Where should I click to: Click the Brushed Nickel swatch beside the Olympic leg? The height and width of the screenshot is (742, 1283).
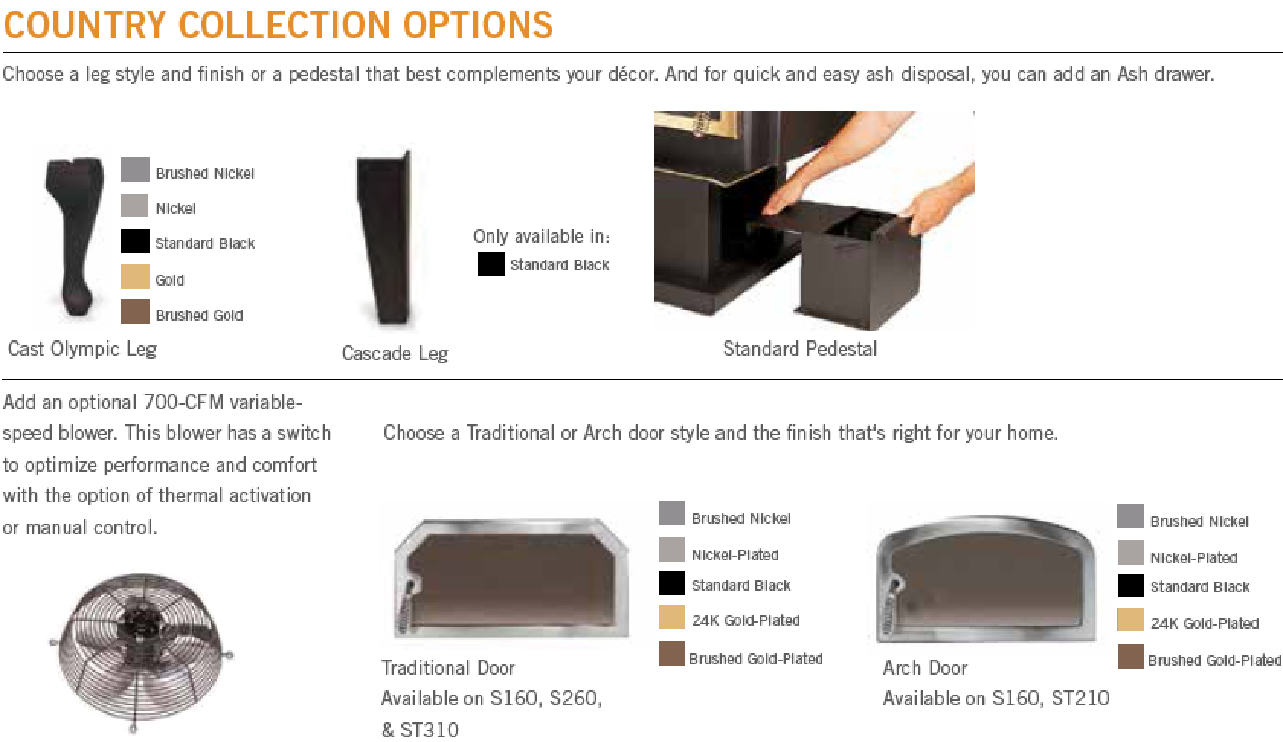click(x=134, y=169)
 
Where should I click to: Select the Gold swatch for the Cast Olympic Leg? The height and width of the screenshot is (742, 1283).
click(x=134, y=276)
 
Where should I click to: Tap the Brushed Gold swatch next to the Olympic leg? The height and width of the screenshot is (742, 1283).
click(x=134, y=311)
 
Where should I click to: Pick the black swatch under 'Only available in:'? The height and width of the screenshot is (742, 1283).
click(x=491, y=264)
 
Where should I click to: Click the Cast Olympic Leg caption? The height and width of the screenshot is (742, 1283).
click(x=82, y=349)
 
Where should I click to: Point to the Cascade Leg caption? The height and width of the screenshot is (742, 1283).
click(x=394, y=353)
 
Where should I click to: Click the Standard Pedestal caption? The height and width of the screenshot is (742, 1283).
click(x=799, y=349)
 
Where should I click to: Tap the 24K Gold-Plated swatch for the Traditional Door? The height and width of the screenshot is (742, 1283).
click(x=672, y=618)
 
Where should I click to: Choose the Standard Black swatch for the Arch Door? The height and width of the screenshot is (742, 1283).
click(x=1130, y=586)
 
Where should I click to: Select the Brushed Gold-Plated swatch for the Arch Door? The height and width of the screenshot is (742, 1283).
click(x=1130, y=657)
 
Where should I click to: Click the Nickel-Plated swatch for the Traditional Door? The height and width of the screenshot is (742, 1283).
click(x=672, y=550)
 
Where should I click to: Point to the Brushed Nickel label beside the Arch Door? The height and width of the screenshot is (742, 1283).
click(x=1199, y=521)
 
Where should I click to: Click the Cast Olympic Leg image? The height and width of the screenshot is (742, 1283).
click(x=75, y=236)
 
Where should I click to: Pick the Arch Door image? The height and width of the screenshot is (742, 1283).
click(x=986, y=579)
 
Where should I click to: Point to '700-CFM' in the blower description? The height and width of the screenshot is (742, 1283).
click(x=183, y=402)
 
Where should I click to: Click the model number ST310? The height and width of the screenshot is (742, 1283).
click(x=429, y=730)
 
